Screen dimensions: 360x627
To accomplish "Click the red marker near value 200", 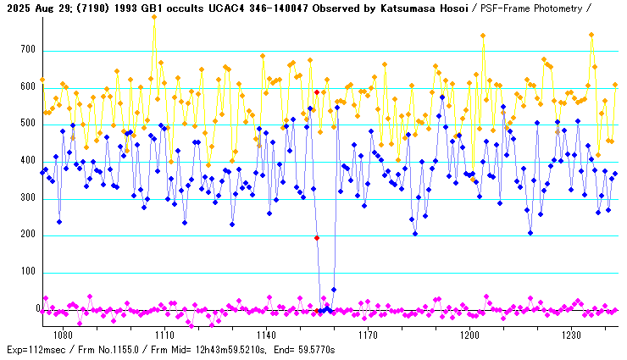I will click(317, 238).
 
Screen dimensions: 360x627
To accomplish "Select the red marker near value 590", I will click(317, 92).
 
